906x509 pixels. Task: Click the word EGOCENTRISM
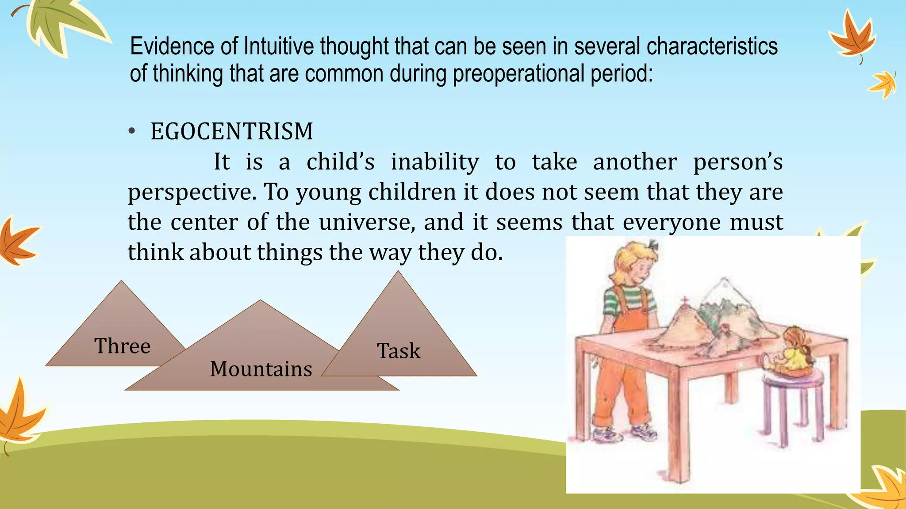point(232,132)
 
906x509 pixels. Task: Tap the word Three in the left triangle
point(123,346)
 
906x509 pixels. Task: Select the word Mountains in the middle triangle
point(261,369)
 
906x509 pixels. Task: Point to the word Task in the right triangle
point(399,351)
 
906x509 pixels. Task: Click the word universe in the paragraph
point(367,222)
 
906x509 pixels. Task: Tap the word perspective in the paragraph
point(192,193)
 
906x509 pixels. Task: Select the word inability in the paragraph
point(435,162)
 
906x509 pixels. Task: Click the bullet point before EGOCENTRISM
point(131,132)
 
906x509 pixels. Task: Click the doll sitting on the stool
point(792,353)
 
